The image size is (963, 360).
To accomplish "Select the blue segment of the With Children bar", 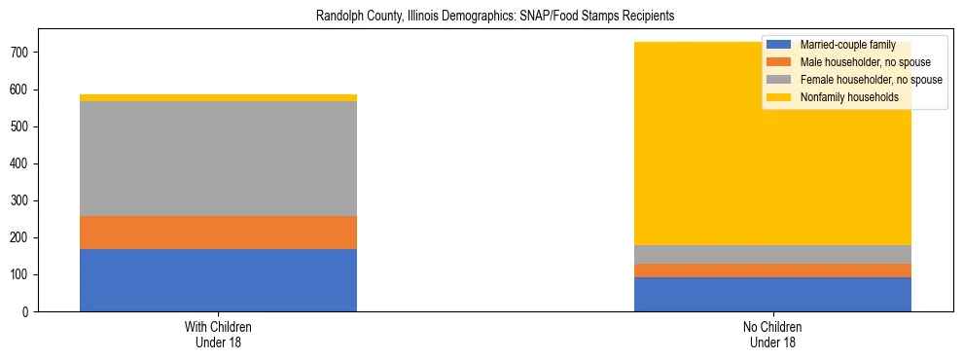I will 218,280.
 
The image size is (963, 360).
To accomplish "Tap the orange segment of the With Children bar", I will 218,233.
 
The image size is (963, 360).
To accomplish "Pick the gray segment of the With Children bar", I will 218,159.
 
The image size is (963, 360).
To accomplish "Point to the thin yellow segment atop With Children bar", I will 218,97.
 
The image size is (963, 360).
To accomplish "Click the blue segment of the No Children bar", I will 772,294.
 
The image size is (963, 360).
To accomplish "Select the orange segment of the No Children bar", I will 772,270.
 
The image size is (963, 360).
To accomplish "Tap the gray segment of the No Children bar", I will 772,254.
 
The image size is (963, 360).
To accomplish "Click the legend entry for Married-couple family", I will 847,45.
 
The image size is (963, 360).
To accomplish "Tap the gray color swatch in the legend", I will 779,80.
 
